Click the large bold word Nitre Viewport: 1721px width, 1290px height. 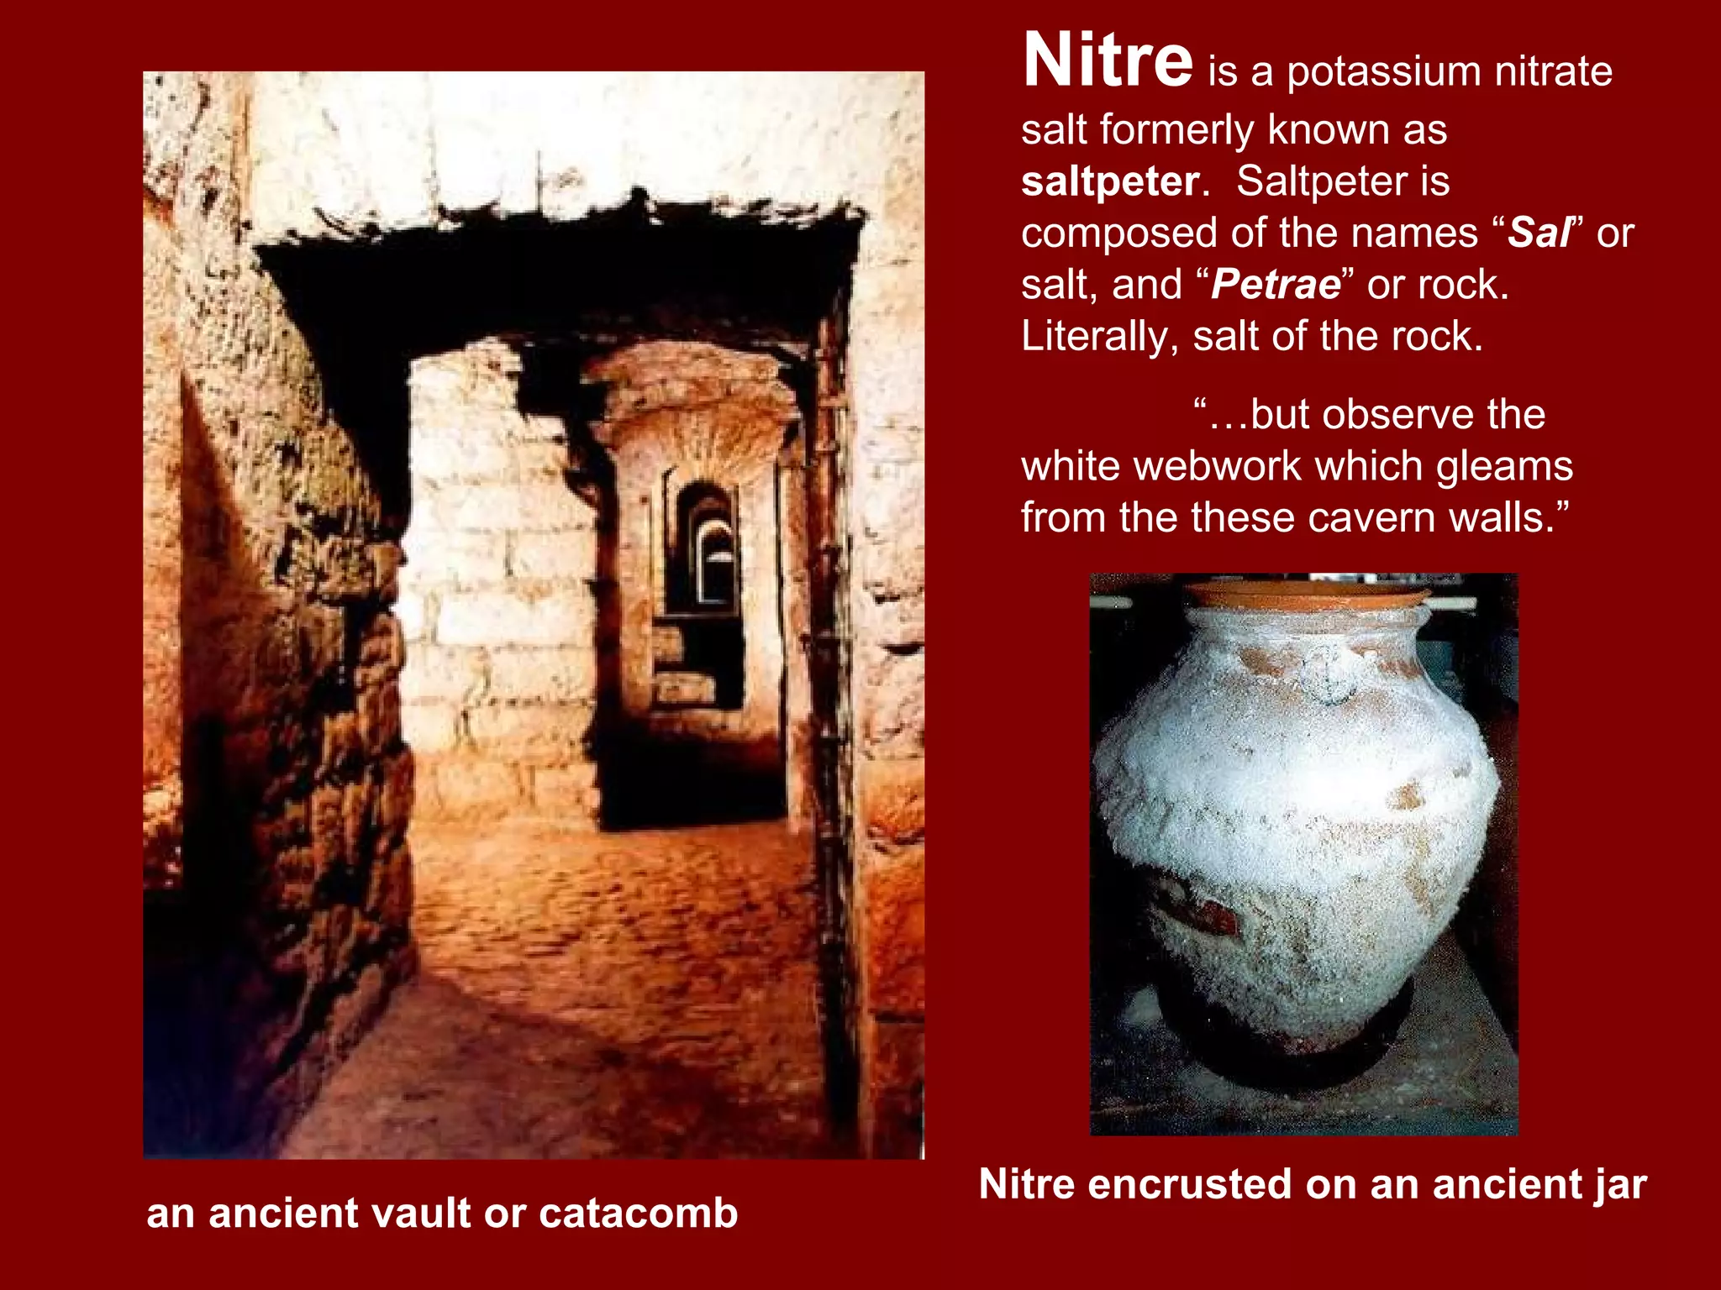[x=1108, y=60]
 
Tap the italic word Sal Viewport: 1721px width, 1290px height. [x=1539, y=233]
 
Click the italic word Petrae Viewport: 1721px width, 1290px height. [x=1276, y=285]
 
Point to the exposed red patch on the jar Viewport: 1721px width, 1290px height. [x=1202, y=915]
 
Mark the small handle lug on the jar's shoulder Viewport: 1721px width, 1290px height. [x=1326, y=676]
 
